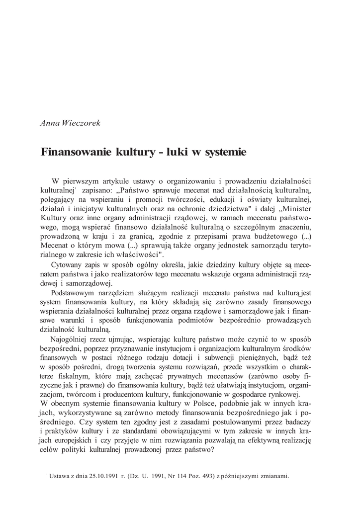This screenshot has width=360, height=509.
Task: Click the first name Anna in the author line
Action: pos(49,123)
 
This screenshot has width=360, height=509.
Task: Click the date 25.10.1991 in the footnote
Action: pos(102,476)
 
